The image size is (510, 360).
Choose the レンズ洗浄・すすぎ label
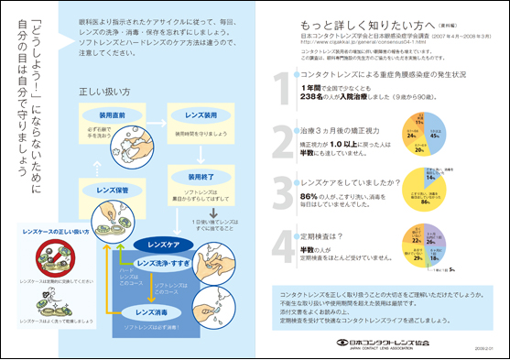pos(162,264)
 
